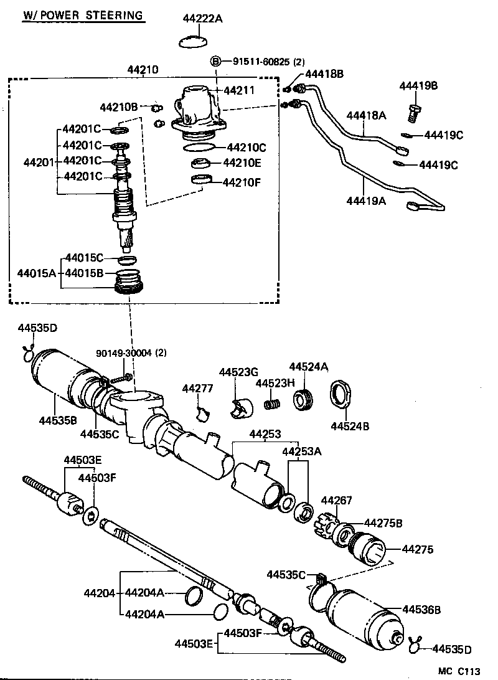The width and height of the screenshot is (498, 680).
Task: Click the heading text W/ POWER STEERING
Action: [x=83, y=15]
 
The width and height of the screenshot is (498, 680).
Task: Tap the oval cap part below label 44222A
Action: [x=194, y=42]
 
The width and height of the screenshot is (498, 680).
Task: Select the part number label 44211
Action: [x=240, y=90]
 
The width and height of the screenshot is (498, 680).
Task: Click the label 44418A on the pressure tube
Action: [x=366, y=115]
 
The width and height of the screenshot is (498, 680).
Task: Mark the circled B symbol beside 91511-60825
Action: [x=216, y=61]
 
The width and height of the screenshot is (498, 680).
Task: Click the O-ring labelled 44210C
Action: [x=199, y=148]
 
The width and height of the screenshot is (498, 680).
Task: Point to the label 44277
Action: [x=197, y=389]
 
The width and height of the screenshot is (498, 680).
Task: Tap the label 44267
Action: [x=336, y=500]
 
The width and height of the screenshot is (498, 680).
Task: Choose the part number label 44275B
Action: [x=383, y=522]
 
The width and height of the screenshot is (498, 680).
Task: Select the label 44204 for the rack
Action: [x=100, y=593]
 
